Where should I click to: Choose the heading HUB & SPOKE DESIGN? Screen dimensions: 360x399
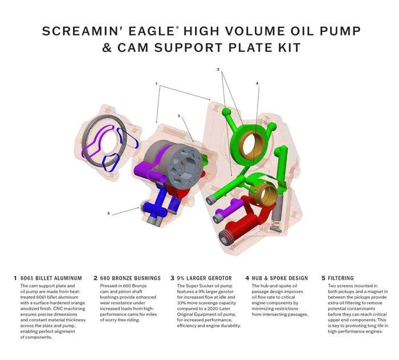tap(280, 279)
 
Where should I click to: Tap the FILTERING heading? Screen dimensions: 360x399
tap(341, 279)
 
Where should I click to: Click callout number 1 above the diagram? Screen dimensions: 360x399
tap(156, 84)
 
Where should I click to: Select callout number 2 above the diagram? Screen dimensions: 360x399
tap(218, 69)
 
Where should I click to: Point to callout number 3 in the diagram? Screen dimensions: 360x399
tap(178, 116)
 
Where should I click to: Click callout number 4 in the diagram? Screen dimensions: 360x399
tap(257, 84)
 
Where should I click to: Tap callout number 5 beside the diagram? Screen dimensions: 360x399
tap(108, 214)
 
